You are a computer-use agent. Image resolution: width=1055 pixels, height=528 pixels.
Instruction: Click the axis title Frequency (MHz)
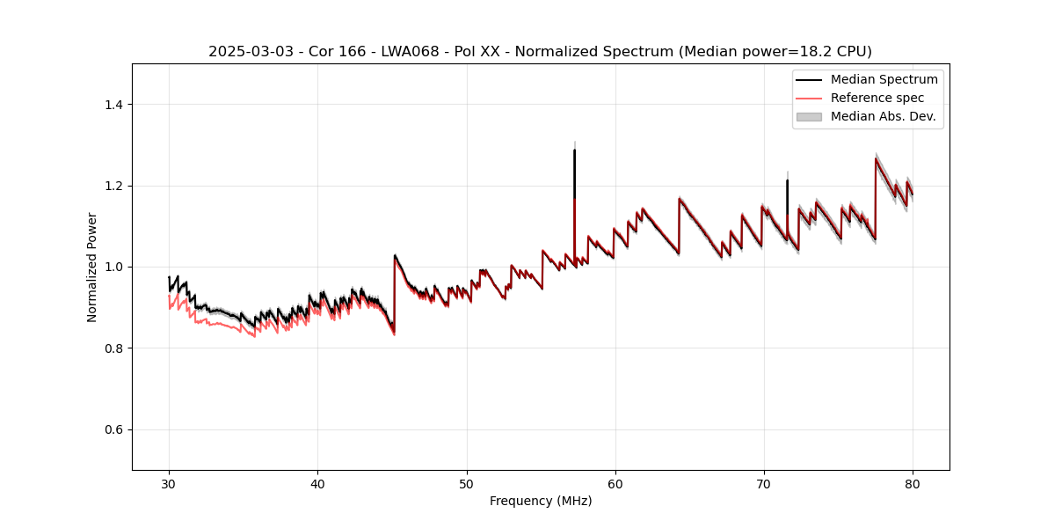(541, 501)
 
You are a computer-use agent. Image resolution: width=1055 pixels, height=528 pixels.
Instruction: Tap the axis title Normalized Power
(92, 267)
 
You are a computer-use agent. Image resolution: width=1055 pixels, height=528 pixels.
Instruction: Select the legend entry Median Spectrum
(884, 79)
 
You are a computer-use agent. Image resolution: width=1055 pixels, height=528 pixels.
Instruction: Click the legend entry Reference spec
(877, 98)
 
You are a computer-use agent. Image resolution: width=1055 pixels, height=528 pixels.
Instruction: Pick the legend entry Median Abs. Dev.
(883, 116)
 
